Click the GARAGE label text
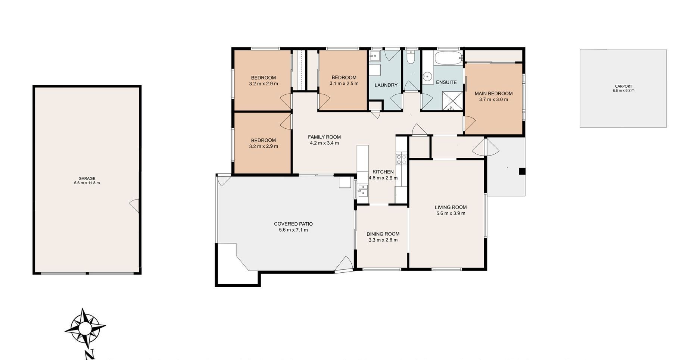click(x=87, y=178)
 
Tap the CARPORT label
click(x=623, y=86)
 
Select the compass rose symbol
click(x=85, y=328)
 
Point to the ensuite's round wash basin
click(x=427, y=77)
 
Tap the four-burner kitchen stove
click(x=401, y=159)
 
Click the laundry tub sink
click(x=374, y=56)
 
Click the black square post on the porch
click(x=522, y=171)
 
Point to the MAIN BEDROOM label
click(x=493, y=94)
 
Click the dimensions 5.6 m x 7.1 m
click(x=293, y=230)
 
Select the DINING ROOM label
click(x=383, y=234)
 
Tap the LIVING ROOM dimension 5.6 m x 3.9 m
click(x=451, y=213)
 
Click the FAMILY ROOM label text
click(x=324, y=137)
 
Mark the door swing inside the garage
click(x=134, y=206)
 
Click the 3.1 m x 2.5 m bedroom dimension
click(x=344, y=84)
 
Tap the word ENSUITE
click(x=446, y=82)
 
